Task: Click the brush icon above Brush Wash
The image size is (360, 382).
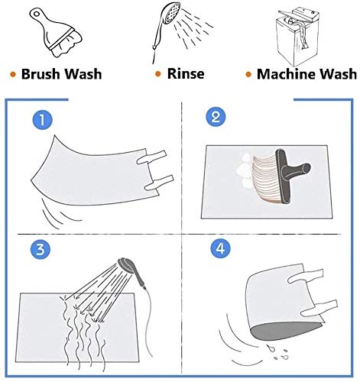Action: [56, 32]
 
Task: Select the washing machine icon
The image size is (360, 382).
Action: [297, 37]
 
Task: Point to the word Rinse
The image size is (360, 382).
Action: [186, 74]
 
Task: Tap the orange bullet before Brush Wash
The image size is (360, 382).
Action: [13, 75]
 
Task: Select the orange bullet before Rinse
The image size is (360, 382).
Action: [158, 74]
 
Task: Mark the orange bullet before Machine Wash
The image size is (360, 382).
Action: [248, 75]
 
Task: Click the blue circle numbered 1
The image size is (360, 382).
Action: [42, 120]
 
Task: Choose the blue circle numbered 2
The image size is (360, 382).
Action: [216, 117]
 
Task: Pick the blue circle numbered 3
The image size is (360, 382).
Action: [41, 249]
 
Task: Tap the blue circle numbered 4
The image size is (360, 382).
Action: [221, 248]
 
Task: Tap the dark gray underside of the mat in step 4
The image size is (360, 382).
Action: [284, 331]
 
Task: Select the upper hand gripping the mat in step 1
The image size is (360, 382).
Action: [152, 157]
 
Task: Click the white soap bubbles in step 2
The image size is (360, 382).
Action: [245, 170]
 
